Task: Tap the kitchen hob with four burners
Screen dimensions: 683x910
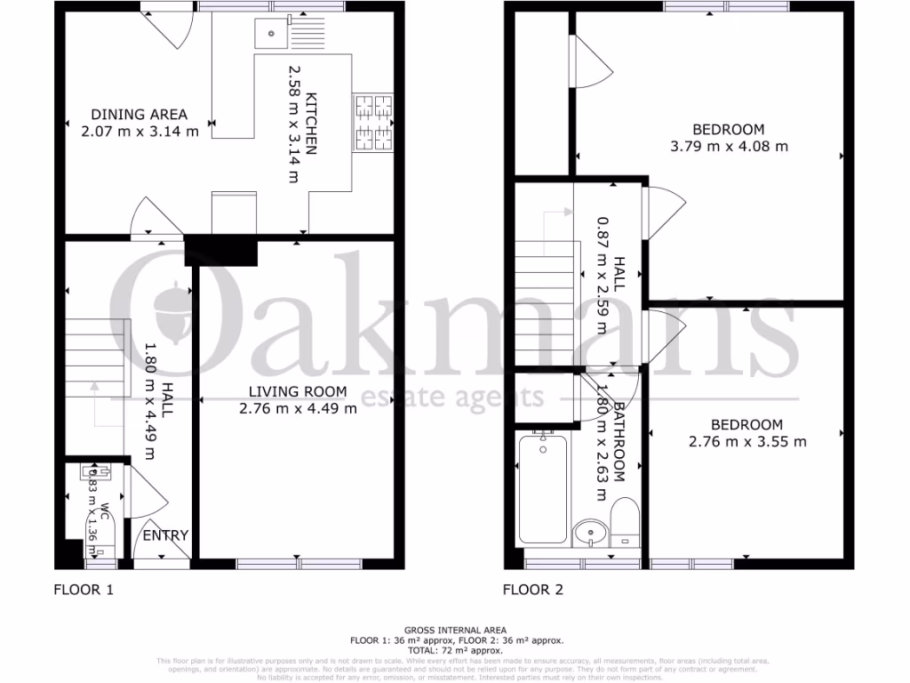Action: click(374, 122)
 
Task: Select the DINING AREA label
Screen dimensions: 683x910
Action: click(140, 114)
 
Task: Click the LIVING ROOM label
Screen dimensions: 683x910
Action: click(298, 392)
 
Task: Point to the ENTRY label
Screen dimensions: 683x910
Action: click(165, 534)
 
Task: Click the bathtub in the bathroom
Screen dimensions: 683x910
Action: click(542, 489)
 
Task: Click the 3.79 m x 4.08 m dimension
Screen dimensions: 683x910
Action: click(729, 146)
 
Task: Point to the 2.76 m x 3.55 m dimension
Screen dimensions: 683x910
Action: click(747, 441)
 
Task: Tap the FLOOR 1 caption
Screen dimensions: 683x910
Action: click(84, 589)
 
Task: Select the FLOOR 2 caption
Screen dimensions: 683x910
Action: click(532, 589)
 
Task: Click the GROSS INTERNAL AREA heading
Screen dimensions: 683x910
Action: click(455, 630)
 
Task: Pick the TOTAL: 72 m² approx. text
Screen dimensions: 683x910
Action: click(455, 650)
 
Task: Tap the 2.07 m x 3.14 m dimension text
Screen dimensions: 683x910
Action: click(140, 130)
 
